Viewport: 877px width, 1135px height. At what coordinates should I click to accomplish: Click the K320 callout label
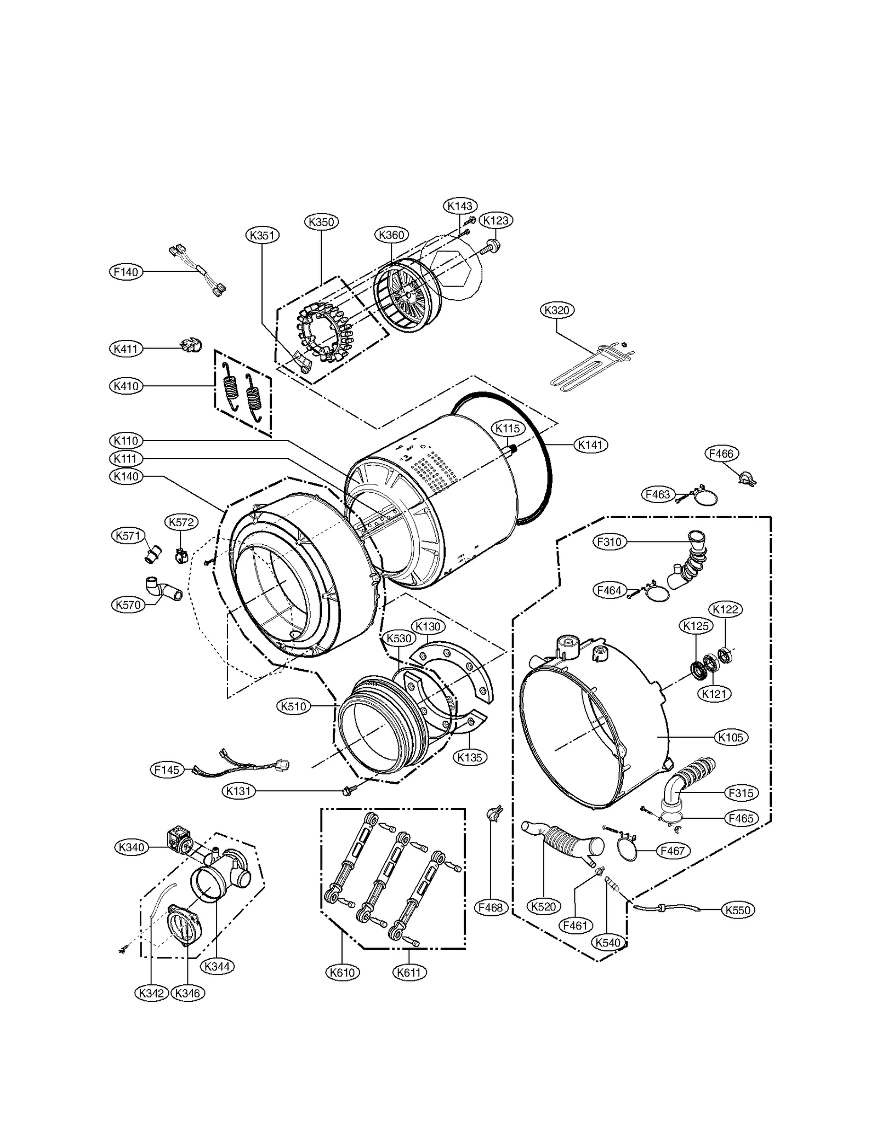pos(557,310)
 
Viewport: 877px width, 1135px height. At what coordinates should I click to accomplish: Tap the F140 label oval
pos(126,272)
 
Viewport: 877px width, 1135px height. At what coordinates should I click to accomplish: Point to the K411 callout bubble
pos(126,349)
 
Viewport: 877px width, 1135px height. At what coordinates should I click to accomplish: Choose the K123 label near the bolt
pos(496,220)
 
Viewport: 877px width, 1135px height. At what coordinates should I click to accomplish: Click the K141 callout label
pos(590,445)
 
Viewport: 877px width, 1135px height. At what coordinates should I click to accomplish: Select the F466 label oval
pos(721,454)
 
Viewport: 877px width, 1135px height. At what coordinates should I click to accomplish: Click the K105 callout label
pos(731,738)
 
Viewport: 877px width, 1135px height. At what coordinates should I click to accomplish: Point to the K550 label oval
pos(737,910)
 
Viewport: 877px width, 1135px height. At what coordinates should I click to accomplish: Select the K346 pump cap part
pos(184,926)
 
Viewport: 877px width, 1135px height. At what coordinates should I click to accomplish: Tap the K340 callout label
pos(132,847)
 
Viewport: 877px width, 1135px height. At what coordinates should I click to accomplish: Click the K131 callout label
pos(238,791)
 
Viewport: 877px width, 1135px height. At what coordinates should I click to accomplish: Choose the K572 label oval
pos(181,522)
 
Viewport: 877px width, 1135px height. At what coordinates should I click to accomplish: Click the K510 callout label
pos(293,706)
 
